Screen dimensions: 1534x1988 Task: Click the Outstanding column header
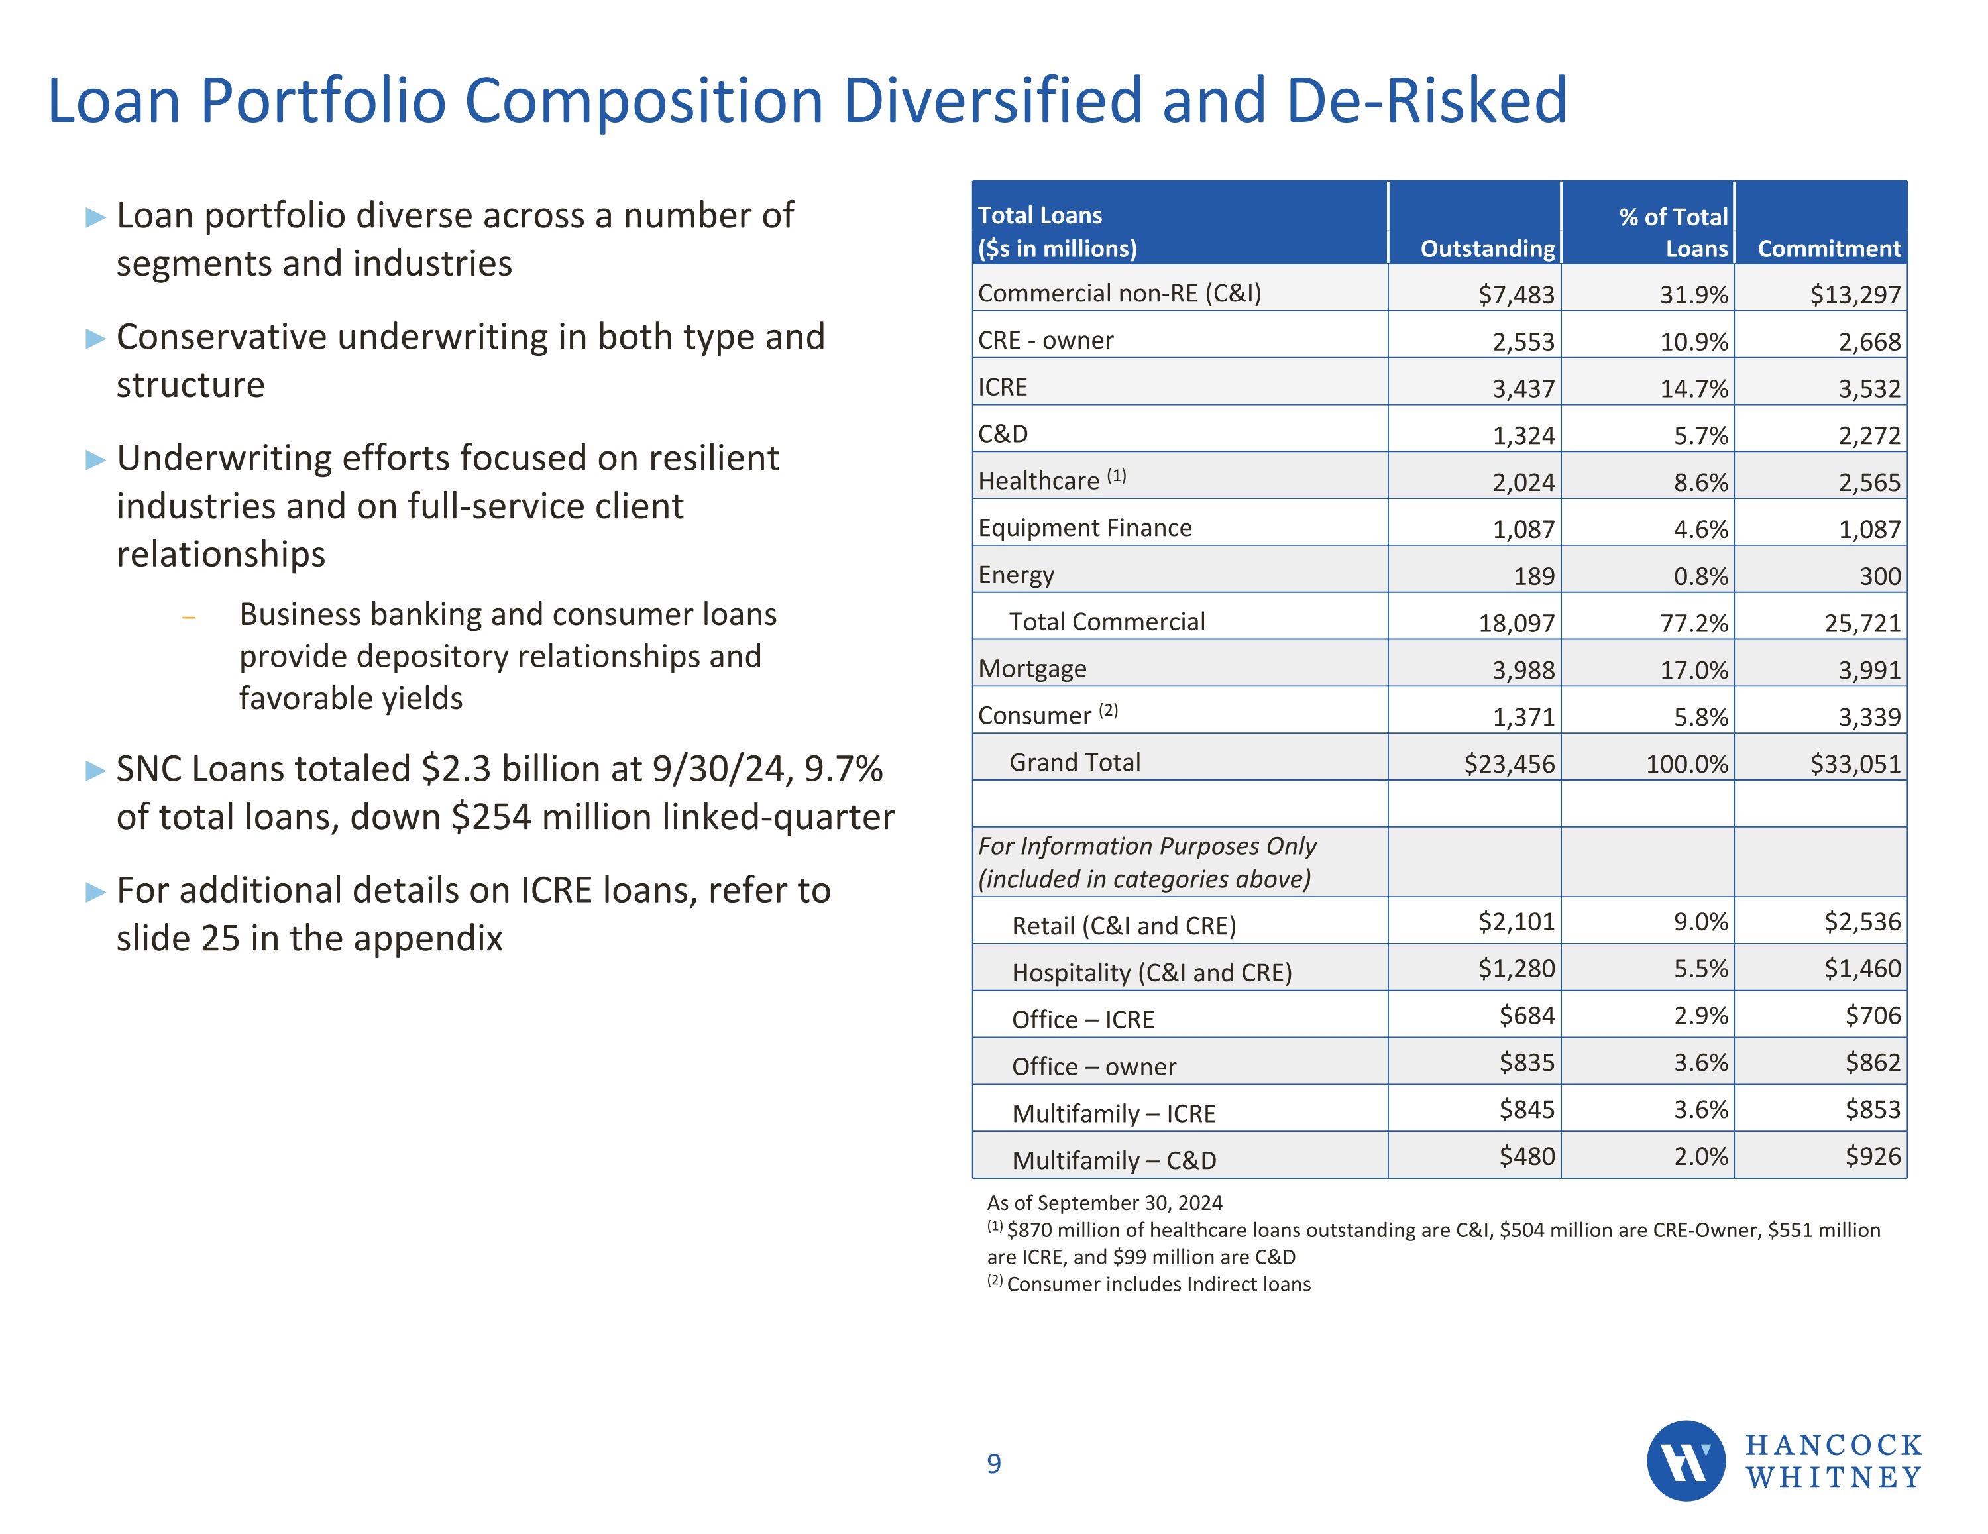(x=1488, y=248)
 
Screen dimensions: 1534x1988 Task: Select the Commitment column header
(x=1829, y=248)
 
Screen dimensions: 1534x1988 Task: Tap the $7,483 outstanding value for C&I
(x=1516, y=294)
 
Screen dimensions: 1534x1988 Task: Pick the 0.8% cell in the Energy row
(x=1700, y=576)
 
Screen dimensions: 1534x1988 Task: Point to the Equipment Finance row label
(x=1084, y=528)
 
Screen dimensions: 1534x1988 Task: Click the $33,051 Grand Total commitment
(x=1855, y=764)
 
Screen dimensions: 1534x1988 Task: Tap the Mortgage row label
(x=1032, y=669)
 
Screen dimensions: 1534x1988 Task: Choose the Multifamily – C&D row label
(x=1113, y=1160)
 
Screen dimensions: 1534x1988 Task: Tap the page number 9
(x=994, y=1464)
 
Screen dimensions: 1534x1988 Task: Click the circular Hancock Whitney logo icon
(x=1686, y=1461)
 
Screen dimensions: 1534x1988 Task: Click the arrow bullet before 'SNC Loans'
(x=95, y=770)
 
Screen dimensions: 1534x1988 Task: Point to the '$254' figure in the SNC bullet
(x=490, y=816)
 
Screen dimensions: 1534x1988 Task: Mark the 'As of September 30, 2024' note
(x=1104, y=1203)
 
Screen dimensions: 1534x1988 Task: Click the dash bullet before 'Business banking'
(x=188, y=617)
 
